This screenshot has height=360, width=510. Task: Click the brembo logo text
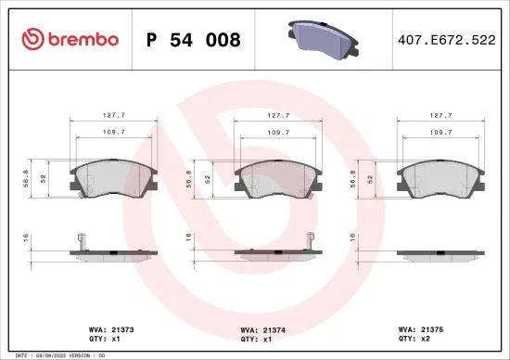[82, 39]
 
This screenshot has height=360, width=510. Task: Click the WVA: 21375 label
[419, 328]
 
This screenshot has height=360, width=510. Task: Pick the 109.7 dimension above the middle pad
[276, 133]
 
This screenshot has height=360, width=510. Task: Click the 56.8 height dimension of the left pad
[27, 177]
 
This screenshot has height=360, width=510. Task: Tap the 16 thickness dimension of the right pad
[352, 238]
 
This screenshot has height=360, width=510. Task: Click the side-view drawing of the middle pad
[275, 252]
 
